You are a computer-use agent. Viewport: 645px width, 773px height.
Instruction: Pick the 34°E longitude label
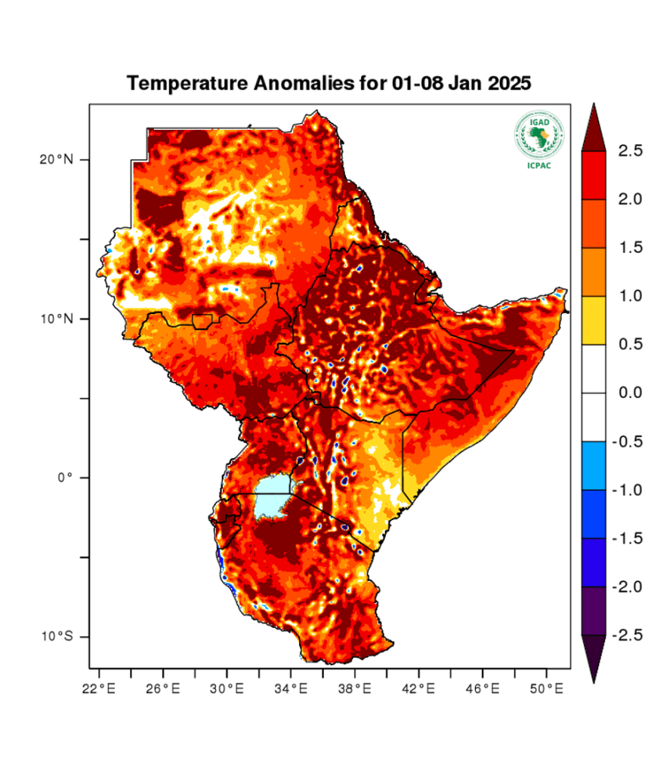(x=291, y=688)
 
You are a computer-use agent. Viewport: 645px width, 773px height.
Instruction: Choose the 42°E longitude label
(x=418, y=688)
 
